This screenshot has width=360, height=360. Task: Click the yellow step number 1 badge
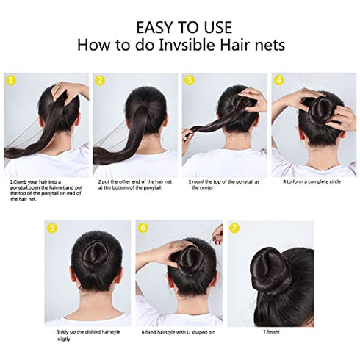(x=10, y=80)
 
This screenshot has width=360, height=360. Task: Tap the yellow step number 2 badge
(x=101, y=80)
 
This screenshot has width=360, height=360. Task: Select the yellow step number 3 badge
(x=190, y=80)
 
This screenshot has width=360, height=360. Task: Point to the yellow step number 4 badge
(x=279, y=80)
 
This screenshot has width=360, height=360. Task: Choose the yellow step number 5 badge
(x=53, y=228)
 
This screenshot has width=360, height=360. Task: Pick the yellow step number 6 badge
(x=143, y=228)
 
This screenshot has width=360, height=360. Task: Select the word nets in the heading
(x=269, y=45)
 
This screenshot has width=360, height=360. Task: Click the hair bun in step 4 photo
(x=320, y=110)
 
